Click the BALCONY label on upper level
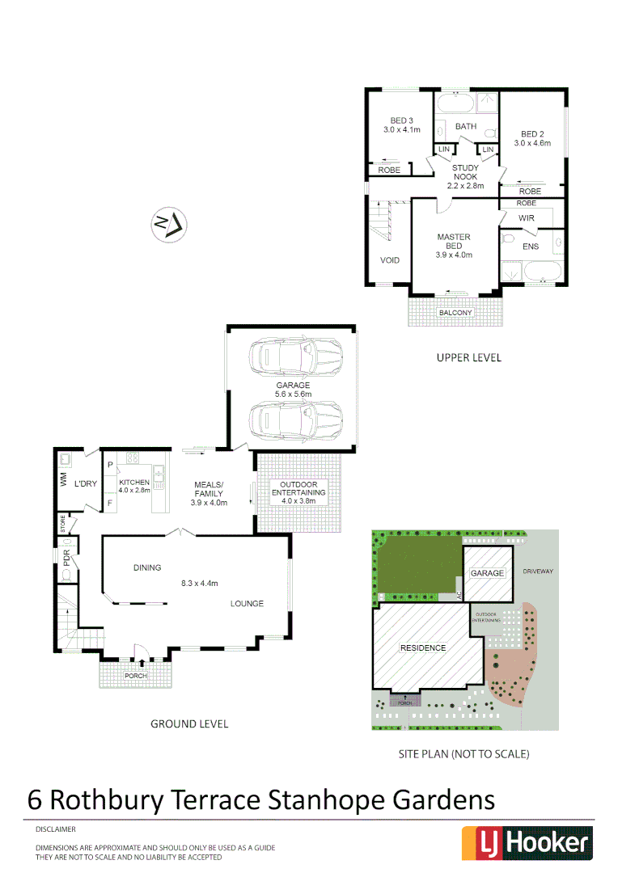click(x=455, y=313)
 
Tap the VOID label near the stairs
click(x=389, y=260)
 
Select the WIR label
click(x=526, y=218)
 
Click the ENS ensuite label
click(x=531, y=246)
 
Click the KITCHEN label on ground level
click(x=134, y=482)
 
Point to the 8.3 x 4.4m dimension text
click(x=199, y=584)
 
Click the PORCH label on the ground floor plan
click(x=136, y=676)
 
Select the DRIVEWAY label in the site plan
click(x=538, y=571)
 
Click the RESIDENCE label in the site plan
click(x=423, y=647)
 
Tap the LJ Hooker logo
click(x=527, y=842)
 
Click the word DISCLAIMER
click(x=56, y=829)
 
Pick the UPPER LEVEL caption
click(x=468, y=357)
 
